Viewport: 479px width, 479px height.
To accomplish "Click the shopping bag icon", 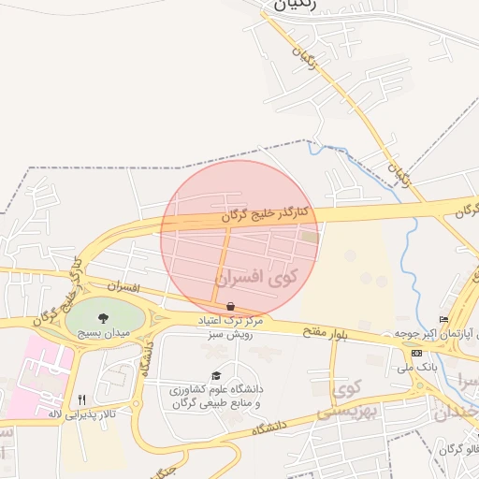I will tap(230, 306).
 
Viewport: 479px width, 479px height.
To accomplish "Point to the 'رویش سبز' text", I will tap(226, 333).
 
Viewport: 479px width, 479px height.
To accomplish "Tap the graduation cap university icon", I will tap(216, 374).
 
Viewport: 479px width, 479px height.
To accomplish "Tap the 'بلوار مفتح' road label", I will tap(320, 331).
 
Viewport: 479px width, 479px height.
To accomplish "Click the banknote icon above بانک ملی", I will tap(416, 353).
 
